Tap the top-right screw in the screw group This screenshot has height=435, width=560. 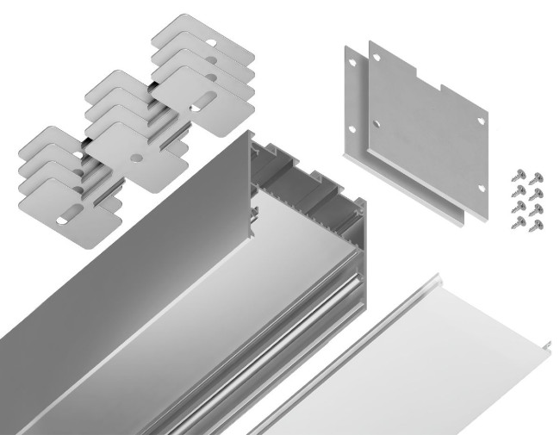[535, 173]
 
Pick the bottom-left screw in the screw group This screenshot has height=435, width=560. [517, 224]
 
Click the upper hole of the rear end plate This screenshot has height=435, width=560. [352, 63]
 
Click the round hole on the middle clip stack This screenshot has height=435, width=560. [135, 160]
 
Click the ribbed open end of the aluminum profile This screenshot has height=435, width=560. [302, 198]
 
